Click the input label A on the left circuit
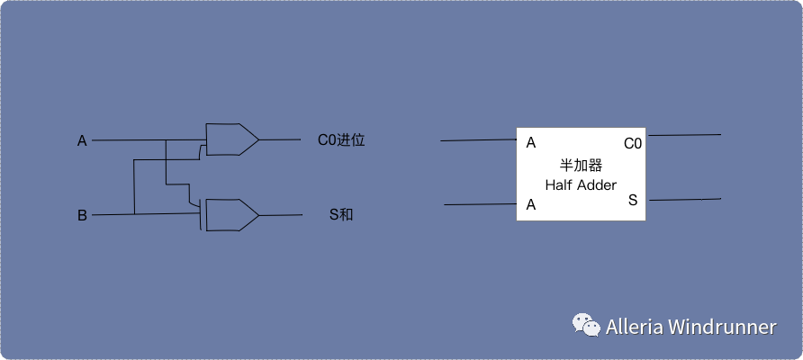pos(82,140)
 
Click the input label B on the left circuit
pos(82,215)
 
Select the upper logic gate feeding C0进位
pos(230,139)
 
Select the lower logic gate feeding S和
pos(230,215)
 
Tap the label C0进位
pos(341,140)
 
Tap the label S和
pos(341,215)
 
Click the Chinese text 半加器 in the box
pos(581,166)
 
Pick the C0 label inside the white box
pos(633,143)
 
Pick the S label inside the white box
pos(633,200)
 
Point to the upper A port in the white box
pos(531,142)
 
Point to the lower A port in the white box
pos(531,205)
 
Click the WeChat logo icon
pos(587,326)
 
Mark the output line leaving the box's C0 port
pos(684,135)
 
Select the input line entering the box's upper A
pos(477,140)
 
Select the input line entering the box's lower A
pos(480,205)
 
